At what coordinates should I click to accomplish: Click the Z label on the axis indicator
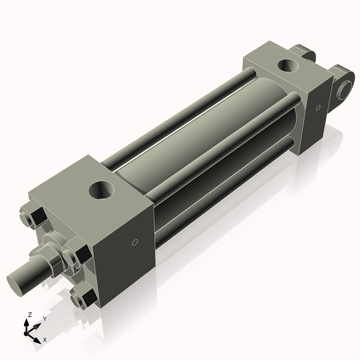coord(30,314)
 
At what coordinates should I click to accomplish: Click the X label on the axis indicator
coord(44,340)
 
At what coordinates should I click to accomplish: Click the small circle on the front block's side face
coord(134,242)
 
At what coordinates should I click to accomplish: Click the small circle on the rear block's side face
coord(318,108)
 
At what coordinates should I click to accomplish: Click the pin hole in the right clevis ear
coord(344,89)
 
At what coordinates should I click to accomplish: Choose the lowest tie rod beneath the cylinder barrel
coord(222,186)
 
